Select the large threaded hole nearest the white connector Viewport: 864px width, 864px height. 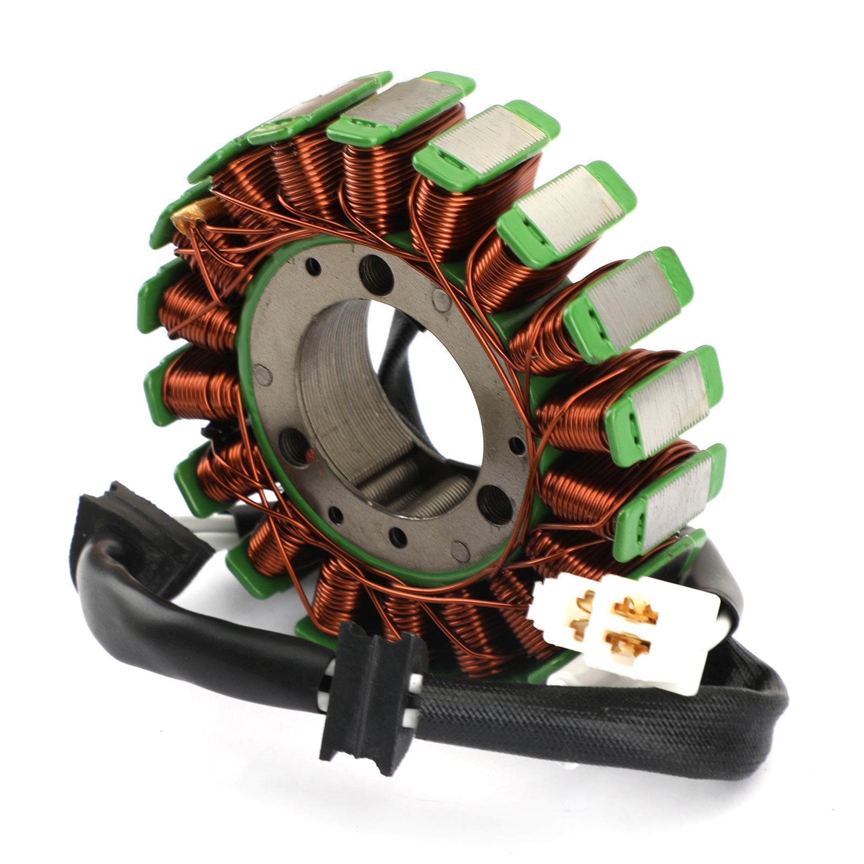point(496,503)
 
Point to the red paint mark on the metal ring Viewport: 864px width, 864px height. point(309,454)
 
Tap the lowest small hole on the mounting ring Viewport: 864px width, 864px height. point(398,536)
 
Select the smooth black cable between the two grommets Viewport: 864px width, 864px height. point(216,632)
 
